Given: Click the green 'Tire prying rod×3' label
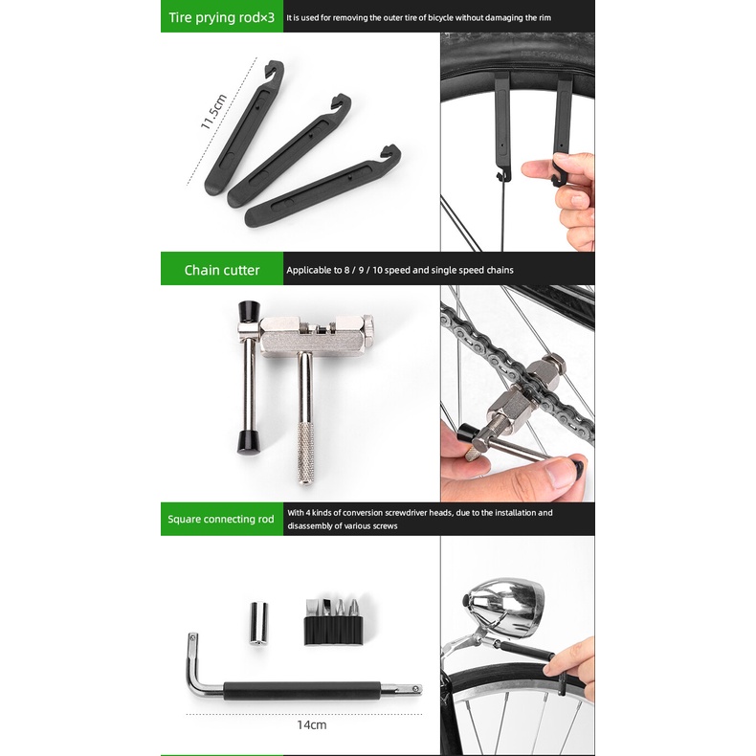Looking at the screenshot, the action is pyautogui.click(x=221, y=18).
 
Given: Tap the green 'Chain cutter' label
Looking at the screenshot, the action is pyautogui.click(x=222, y=270).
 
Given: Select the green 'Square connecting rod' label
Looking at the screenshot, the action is pyautogui.click(x=221, y=520).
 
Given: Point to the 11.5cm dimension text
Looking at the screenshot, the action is pyautogui.click(x=213, y=112).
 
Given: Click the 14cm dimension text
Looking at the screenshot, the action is pyautogui.click(x=311, y=724).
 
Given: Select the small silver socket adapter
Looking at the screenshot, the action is pyautogui.click(x=258, y=623).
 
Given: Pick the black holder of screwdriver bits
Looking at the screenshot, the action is pyautogui.click(x=333, y=629).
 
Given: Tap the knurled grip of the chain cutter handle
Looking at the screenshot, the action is pyautogui.click(x=305, y=453).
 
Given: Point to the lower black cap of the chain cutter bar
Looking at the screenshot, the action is pyautogui.click(x=250, y=444).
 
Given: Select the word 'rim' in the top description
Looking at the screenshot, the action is pyautogui.click(x=545, y=18).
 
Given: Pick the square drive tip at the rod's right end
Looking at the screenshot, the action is pyautogui.click(x=414, y=688).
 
